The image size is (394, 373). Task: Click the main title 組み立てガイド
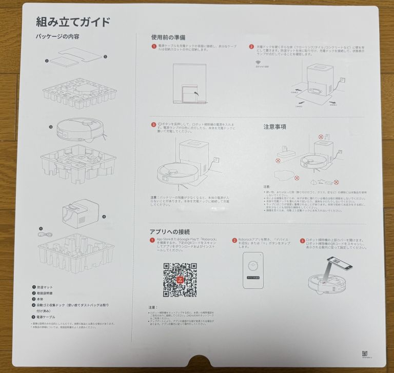pos(73,22)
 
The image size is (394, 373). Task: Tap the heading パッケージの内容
pos(57,37)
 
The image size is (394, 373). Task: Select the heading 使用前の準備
pos(168,37)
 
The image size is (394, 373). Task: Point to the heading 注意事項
pos(274,126)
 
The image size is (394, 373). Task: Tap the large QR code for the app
pos(180,280)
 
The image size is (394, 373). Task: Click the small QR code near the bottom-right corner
pos(365,354)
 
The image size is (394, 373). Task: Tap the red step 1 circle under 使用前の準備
pos(153,47)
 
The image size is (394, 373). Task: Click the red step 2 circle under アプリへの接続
pos(234,240)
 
